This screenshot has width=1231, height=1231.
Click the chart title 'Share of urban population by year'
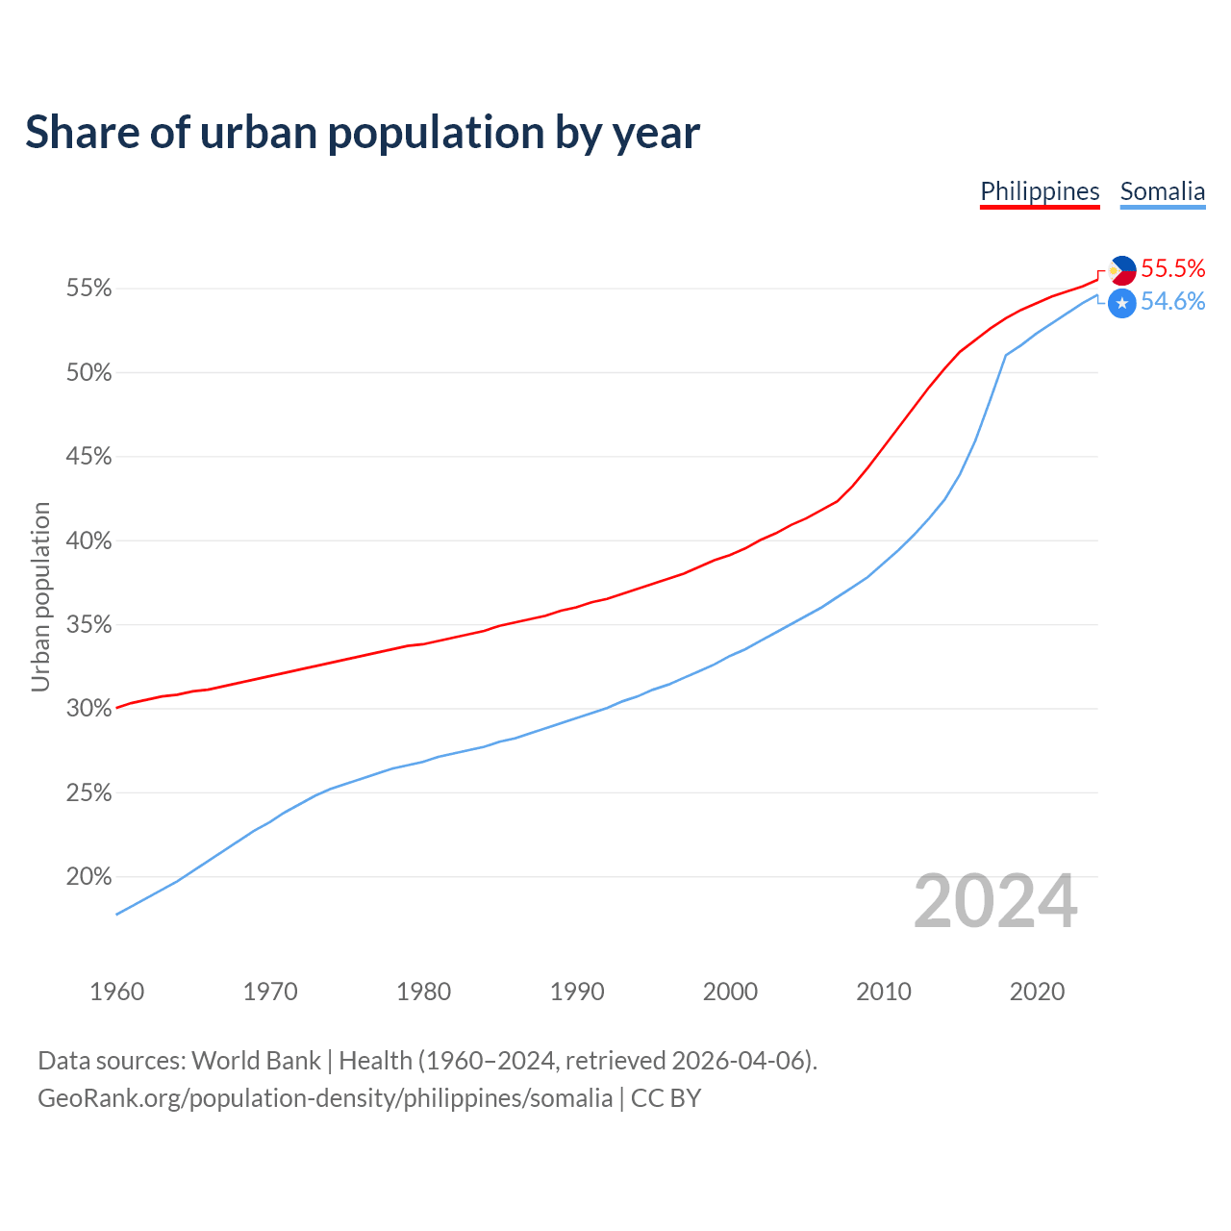click(363, 133)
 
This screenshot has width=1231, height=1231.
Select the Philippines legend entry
click(1040, 191)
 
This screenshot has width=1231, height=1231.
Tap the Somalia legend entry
click(1162, 191)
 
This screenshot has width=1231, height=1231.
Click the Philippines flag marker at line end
click(1122, 270)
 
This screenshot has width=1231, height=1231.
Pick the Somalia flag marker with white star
click(1122, 303)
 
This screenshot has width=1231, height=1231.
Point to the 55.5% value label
click(1172, 268)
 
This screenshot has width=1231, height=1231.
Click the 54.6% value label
click(1172, 302)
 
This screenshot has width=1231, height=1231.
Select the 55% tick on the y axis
click(88, 289)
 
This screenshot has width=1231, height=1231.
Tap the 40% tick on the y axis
click(88, 541)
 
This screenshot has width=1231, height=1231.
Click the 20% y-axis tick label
click(88, 877)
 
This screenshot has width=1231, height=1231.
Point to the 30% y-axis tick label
click(88, 709)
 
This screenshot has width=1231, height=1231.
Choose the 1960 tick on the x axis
click(116, 992)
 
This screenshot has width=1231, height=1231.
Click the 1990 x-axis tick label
click(577, 992)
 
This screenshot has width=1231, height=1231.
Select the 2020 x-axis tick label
click(1037, 992)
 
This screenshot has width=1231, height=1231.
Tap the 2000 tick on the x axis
click(730, 992)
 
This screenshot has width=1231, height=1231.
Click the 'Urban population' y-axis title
click(40, 596)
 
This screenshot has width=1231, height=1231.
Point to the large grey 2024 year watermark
click(995, 902)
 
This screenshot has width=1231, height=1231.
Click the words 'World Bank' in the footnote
click(256, 1061)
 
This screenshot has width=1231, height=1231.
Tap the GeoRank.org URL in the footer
click(325, 1098)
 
